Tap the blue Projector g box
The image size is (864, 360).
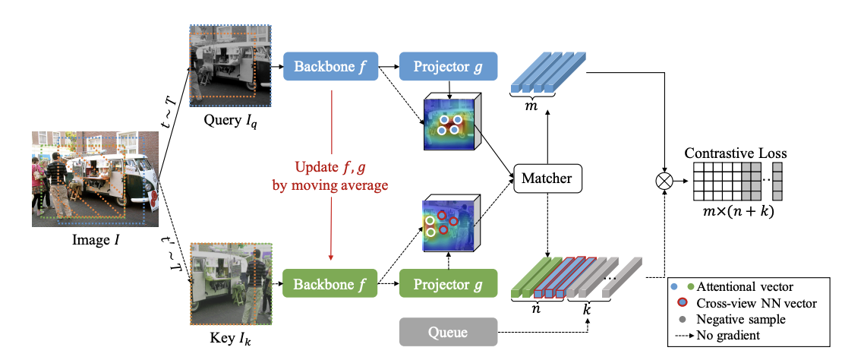448,66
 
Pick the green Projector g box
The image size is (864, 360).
448,285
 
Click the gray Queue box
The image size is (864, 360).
448,332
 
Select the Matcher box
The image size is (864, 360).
547,179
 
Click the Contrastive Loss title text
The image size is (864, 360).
736,153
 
